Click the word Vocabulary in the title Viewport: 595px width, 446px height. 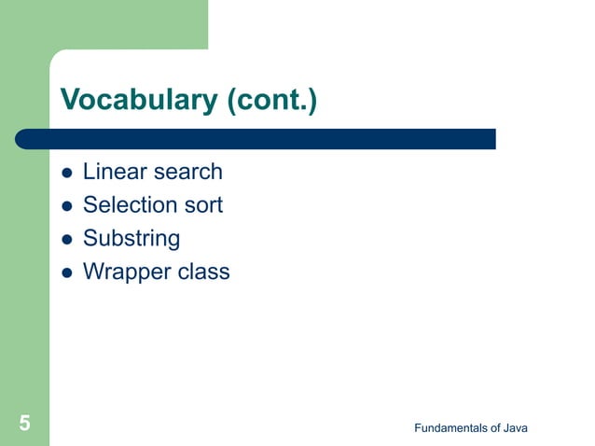pyautogui.click(x=139, y=100)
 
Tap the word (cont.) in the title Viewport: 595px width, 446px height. pyautogui.click(x=271, y=100)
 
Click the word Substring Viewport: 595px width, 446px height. pyautogui.click(x=131, y=239)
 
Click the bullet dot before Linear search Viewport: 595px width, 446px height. pyautogui.click(x=66, y=174)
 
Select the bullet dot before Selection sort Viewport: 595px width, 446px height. pyautogui.click(x=66, y=206)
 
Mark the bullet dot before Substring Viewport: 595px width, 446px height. pyautogui.click(x=66, y=240)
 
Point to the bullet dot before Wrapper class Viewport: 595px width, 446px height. pyautogui.click(x=66, y=273)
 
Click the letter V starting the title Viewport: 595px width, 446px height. pyautogui.click(x=69, y=100)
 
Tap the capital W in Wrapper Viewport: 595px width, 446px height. pyautogui.click(x=92, y=272)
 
